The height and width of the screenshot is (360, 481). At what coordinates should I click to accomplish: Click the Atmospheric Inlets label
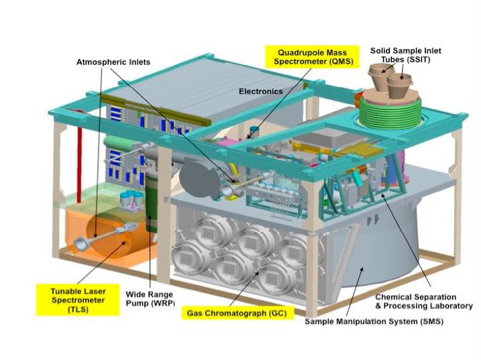pos(113,62)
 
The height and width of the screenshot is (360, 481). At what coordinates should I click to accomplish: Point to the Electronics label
pos(261,91)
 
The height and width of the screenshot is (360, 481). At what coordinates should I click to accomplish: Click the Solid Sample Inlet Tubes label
pos(406,55)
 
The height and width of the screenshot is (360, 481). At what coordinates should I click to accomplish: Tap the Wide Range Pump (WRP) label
pos(150,299)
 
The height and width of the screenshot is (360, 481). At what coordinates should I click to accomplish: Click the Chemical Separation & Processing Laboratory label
pos(416,301)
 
